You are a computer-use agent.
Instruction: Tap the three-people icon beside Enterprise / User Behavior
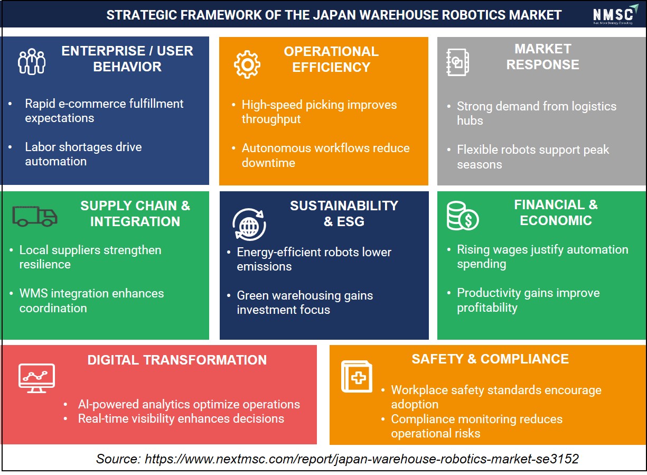(32, 61)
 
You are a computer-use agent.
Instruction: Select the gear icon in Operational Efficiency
(247, 64)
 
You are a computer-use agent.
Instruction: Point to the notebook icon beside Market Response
(457, 62)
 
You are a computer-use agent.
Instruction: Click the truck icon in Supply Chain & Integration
(35, 216)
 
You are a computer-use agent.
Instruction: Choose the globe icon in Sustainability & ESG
(249, 225)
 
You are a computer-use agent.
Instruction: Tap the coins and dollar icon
(463, 216)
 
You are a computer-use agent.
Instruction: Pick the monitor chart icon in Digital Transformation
(36, 378)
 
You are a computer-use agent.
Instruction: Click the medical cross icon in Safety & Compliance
(357, 377)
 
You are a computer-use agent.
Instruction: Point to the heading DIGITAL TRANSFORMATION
(177, 360)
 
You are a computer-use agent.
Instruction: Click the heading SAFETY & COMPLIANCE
(490, 359)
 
